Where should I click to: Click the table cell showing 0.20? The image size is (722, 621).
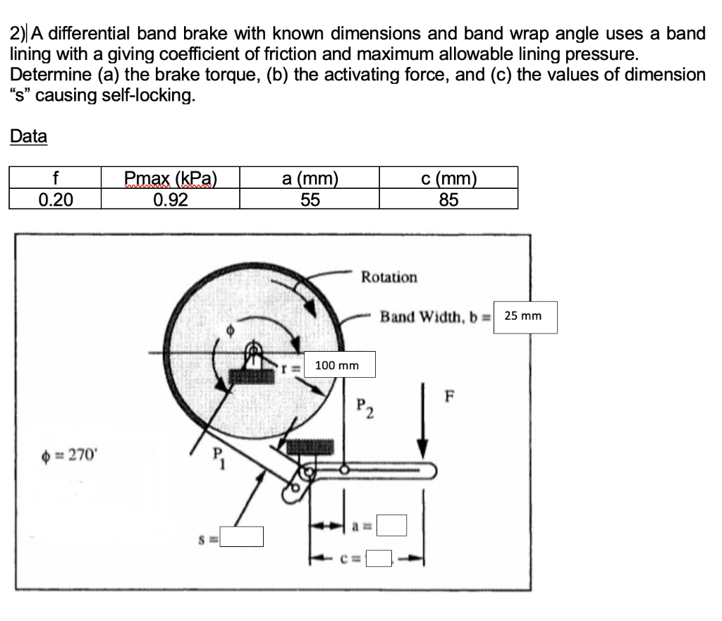tap(55, 199)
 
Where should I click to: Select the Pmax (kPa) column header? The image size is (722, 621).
tap(170, 178)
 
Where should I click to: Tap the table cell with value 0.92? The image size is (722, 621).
tap(170, 199)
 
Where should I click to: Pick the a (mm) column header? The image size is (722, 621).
tap(310, 178)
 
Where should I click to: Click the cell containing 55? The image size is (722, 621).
tap(310, 199)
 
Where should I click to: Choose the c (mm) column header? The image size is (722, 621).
tap(448, 178)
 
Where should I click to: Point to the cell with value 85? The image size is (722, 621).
tap(448, 199)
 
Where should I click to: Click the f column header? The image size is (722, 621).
tap(55, 178)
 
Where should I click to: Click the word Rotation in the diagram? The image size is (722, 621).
tap(388, 277)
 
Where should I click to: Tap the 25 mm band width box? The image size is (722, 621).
tap(526, 316)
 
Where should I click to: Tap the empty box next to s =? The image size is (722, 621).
tap(240, 537)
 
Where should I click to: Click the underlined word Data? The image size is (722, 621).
tap(28, 136)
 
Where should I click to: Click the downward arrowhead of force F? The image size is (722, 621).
tap(423, 450)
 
